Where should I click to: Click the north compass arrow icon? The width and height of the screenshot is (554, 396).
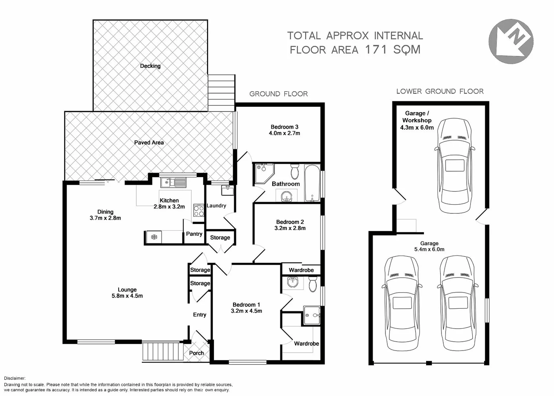[511, 41]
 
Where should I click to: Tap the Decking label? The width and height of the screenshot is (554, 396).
[150, 66]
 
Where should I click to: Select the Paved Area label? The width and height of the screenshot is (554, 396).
[149, 143]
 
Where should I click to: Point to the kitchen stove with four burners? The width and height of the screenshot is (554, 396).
[199, 211]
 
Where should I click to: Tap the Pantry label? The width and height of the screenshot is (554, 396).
[194, 234]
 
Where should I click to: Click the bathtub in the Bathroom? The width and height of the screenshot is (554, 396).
[312, 183]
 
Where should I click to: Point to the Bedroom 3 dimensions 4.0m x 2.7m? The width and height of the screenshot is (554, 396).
[284, 133]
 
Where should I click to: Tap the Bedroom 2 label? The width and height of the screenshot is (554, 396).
[290, 222]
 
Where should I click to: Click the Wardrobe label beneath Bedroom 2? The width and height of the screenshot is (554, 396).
[301, 270]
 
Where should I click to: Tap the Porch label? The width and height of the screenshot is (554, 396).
[196, 353]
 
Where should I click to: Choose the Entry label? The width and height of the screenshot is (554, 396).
[200, 315]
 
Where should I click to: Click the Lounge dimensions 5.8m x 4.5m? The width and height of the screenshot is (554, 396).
[127, 296]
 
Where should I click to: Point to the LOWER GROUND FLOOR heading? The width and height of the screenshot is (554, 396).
[440, 91]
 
